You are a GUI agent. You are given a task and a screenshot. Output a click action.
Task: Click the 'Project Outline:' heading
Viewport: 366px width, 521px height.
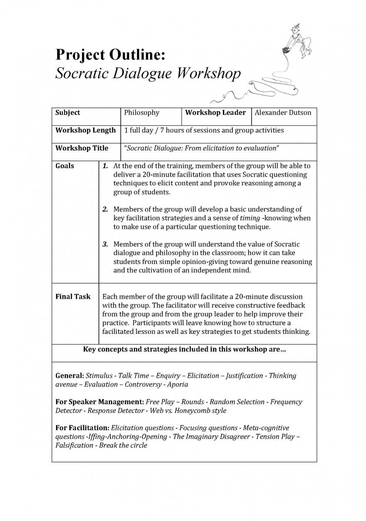coord(110,55)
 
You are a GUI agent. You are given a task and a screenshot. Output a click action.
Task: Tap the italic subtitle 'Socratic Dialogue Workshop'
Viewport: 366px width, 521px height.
coord(148,73)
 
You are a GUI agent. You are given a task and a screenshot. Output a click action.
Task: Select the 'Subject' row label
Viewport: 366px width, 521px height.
coord(68,112)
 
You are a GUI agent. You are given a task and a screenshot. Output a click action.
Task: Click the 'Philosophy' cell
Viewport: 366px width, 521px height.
coord(142,112)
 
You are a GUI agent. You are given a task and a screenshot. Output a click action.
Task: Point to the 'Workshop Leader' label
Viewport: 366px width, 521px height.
coord(216,112)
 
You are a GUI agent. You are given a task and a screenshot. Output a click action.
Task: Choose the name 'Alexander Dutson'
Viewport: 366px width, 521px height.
coord(283,112)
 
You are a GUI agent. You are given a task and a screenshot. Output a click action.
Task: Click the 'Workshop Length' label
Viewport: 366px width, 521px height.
coord(85,130)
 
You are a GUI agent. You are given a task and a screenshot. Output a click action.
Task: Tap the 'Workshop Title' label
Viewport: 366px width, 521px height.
coord(82,148)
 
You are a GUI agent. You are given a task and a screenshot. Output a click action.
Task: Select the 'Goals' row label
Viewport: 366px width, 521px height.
coord(65,166)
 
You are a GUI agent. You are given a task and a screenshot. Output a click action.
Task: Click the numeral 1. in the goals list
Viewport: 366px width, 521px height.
coord(105,166)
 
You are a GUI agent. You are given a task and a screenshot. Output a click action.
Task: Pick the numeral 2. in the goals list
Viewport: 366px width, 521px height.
coord(105,209)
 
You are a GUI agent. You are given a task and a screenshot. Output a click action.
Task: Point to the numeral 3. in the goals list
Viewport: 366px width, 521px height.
coord(105,244)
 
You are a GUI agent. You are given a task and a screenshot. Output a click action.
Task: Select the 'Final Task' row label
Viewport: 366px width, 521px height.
coord(73,297)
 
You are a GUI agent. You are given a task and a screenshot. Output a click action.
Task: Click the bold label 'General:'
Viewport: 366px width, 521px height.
coord(70,376)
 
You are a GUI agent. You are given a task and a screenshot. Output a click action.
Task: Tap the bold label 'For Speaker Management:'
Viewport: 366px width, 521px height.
coord(100,402)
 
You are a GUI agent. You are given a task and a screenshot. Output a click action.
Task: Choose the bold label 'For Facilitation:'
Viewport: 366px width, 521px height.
coord(82,428)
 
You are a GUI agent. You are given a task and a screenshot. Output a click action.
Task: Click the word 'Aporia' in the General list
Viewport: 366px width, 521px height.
coord(178,384)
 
